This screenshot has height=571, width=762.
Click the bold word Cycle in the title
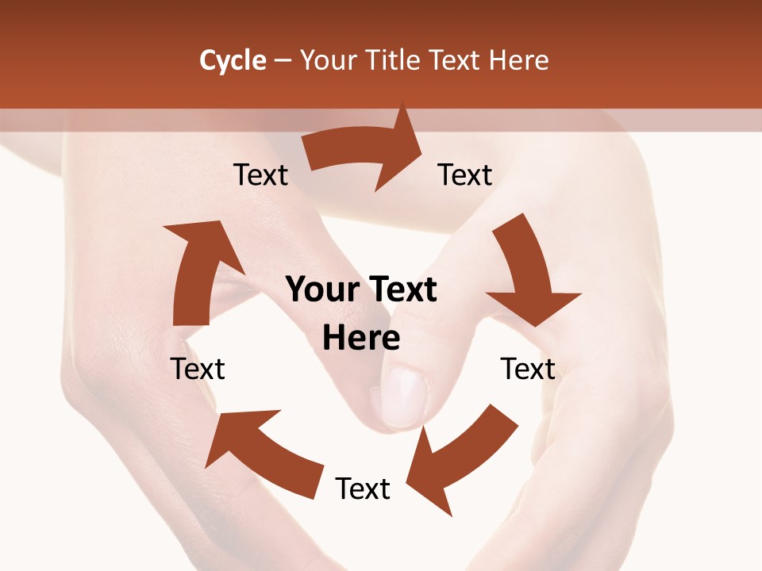point(233,60)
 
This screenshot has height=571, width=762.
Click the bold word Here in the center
point(361,339)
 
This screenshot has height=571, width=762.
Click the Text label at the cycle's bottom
point(363,489)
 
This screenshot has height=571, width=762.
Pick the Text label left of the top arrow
point(260,175)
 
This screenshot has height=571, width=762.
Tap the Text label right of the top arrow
point(465,175)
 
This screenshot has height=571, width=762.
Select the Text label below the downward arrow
point(528,370)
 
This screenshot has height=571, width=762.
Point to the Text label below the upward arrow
point(198,370)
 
